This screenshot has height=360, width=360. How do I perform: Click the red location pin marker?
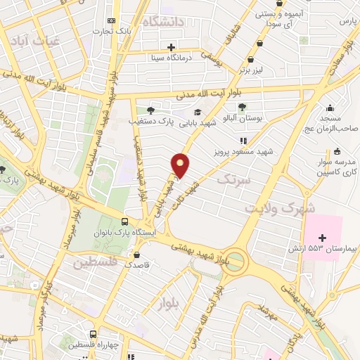[181, 165]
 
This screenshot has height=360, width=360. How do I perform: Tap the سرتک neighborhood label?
[233, 180]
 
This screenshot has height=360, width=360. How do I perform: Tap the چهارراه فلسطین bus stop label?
[94, 345]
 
